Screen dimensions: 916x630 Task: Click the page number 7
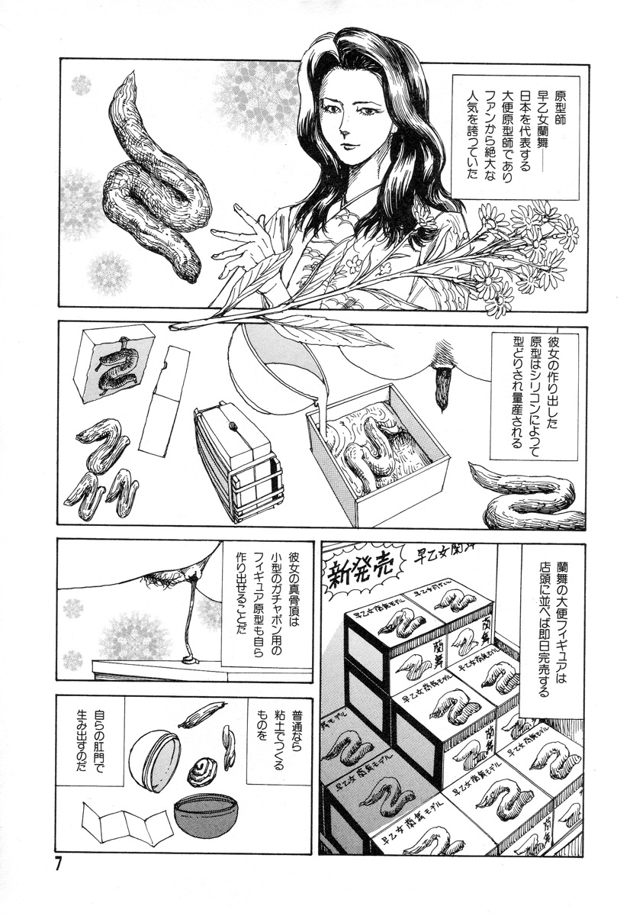(58, 865)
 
